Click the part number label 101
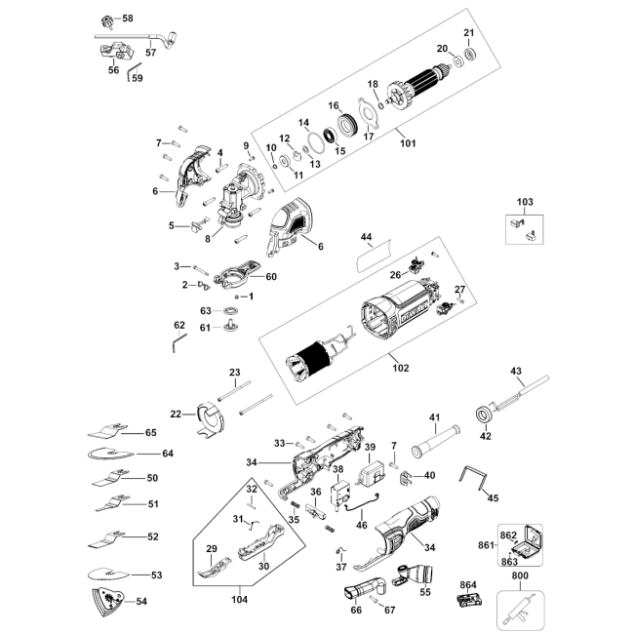tap(408, 143)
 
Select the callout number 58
tap(128, 19)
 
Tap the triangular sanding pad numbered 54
tap(106, 601)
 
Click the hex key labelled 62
tap(178, 342)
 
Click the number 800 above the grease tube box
tap(520, 575)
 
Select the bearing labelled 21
tap(470, 55)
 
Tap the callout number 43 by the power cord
tap(516, 371)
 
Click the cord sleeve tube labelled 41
tap(435, 441)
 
